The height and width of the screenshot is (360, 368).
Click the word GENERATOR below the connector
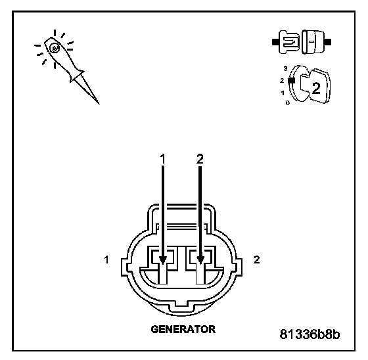coord(183,329)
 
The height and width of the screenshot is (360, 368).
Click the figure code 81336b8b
coord(310,334)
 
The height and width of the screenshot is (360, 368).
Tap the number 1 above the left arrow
coord(163,159)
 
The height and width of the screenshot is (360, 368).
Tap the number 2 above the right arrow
coord(200,159)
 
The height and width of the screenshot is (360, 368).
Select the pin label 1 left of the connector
coord(106,259)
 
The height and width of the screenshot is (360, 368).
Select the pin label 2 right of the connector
coord(256,259)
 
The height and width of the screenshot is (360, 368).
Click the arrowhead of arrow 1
coord(163,259)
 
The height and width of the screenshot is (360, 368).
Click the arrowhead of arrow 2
coord(200,259)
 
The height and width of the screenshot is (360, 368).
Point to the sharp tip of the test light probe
coord(99,104)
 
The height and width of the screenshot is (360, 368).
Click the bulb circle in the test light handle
coord(55,49)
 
